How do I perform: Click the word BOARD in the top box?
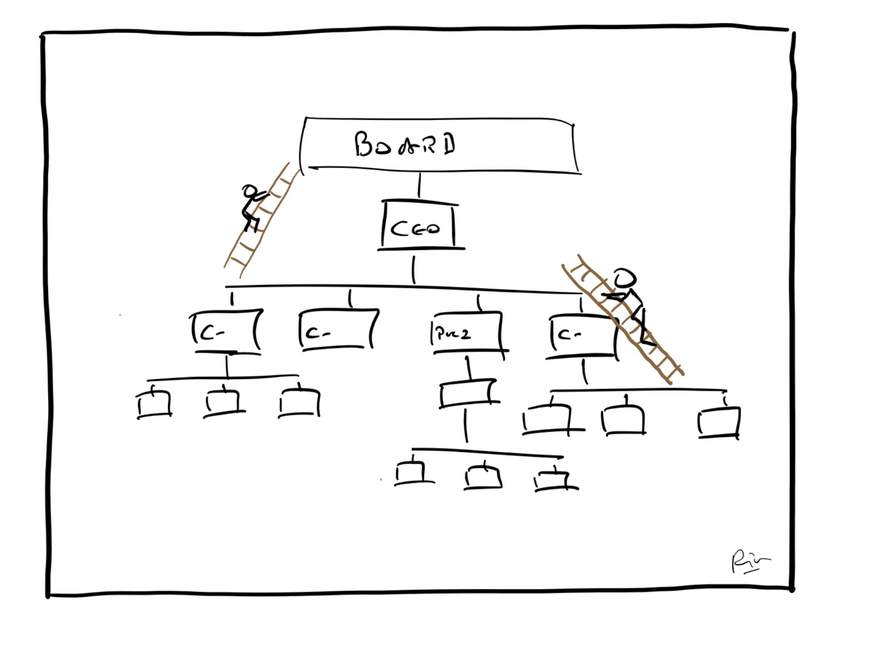(405, 144)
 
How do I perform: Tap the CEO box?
(418, 227)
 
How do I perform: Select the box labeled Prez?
(467, 333)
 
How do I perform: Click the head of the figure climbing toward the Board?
(249, 191)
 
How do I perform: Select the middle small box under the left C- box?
(223, 402)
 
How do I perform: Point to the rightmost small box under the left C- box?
(300, 402)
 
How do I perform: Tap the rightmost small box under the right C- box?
(719, 422)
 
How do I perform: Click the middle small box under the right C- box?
(623, 420)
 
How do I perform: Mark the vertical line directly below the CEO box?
(414, 269)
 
